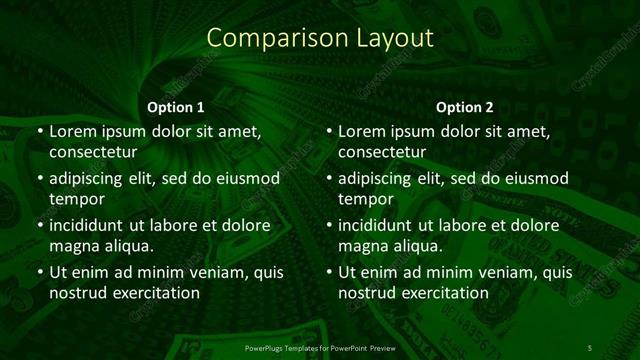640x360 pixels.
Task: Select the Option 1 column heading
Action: click(x=176, y=106)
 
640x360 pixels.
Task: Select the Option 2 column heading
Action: click(x=465, y=106)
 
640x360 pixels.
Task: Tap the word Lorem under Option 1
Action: click(x=73, y=131)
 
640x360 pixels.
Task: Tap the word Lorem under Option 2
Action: click(x=362, y=131)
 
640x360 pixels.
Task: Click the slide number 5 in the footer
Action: click(x=590, y=347)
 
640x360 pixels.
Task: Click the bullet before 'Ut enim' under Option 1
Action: click(x=39, y=272)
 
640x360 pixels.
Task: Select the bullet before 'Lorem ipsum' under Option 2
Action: click(x=328, y=131)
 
